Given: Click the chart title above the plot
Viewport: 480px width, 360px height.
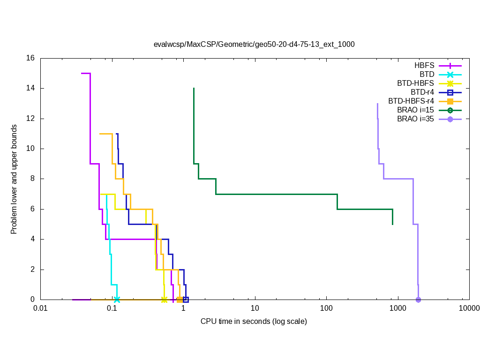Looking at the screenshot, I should point(254,45).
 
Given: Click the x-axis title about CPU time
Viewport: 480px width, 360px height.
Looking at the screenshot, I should point(254,322).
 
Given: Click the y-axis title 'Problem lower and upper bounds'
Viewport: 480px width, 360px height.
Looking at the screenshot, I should point(15,180).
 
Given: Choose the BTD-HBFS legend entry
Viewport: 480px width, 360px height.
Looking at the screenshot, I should point(415,83).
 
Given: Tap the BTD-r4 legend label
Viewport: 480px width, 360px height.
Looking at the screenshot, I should point(422,92).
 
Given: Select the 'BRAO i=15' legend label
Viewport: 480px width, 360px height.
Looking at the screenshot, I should point(415,110).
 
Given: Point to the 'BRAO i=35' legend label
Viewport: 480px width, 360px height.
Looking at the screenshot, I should point(415,119).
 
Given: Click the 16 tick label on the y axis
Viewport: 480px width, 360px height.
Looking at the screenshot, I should point(30,59).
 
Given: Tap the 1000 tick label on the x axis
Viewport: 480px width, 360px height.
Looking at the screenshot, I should point(397,308).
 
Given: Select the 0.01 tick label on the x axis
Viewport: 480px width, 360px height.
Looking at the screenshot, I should point(40,308).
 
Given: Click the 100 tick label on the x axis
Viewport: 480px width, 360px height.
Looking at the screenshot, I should point(326,308).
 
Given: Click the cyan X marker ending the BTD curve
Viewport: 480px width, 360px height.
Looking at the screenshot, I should point(117,300).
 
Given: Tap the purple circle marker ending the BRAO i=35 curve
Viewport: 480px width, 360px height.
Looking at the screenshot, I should point(418,300).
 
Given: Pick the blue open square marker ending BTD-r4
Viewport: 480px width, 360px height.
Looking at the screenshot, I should point(186,300).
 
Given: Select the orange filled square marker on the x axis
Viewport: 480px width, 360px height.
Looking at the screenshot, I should point(180,300).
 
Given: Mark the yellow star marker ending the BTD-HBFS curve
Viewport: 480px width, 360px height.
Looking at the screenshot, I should point(164,300).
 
